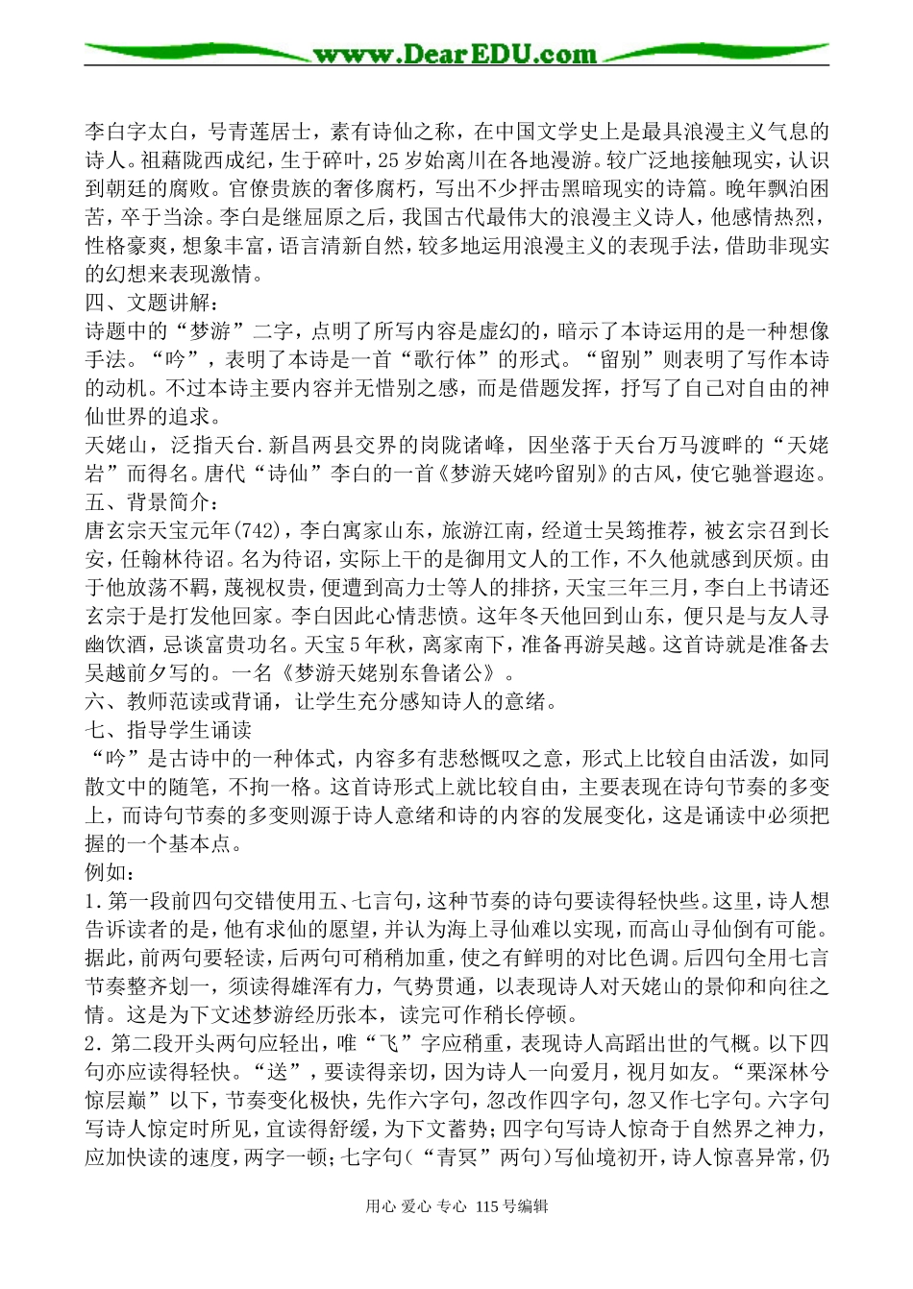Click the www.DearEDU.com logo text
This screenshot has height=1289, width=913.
tap(455, 54)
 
